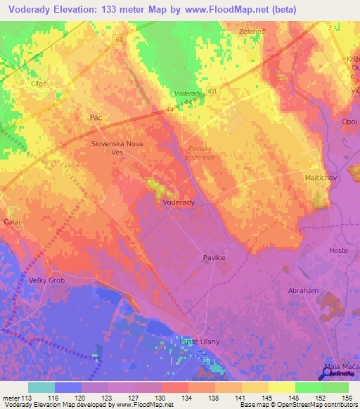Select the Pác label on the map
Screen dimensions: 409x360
coord(96,118)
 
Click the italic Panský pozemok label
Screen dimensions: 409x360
coord(205,152)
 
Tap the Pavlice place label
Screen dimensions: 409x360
coord(214,258)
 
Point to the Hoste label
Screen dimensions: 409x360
coord(338,250)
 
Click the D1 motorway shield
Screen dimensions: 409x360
coord(214,91)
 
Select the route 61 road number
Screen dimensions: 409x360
coord(119,40)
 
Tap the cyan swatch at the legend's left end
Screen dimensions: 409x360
coord(41,387)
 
